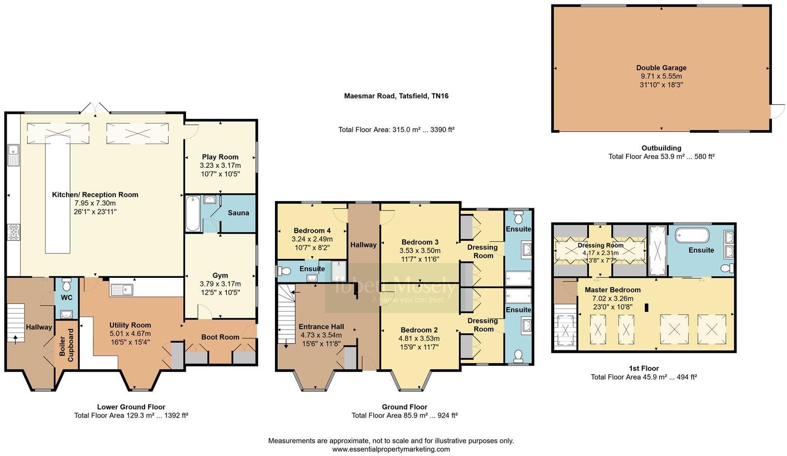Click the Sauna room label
[x=238, y=213]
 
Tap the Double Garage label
[x=661, y=68]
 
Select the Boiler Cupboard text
[x=67, y=345]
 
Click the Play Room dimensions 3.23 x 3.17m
[x=220, y=165]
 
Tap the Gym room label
[x=220, y=275]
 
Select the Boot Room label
[x=220, y=337]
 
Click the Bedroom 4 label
[x=312, y=231]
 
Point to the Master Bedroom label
[x=612, y=290]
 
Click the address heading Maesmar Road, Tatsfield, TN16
[x=396, y=96]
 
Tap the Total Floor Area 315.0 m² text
[x=396, y=130]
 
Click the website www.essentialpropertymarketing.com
[x=391, y=449]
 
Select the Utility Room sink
[x=122, y=290]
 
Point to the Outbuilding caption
[x=661, y=148]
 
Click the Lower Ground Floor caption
[x=131, y=407]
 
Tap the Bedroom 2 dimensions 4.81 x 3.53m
[x=419, y=338]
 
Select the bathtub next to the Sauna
[x=192, y=214]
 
